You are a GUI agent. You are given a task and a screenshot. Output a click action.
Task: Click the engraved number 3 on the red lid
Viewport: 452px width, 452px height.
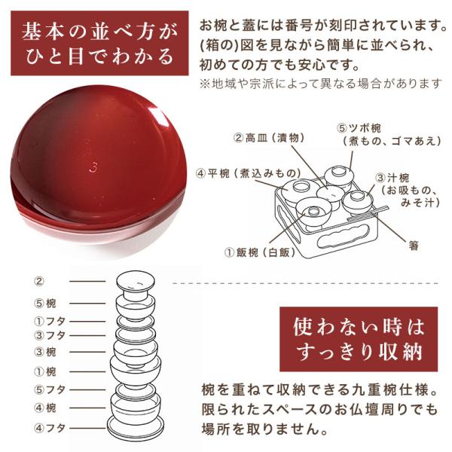(x=93, y=167)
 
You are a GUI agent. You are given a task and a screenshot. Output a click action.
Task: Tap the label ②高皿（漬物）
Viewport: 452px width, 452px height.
(x=269, y=138)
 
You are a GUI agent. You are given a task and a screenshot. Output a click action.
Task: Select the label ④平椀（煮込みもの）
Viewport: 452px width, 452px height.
(x=248, y=173)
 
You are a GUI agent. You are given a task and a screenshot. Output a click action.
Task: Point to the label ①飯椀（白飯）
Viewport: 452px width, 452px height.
(x=260, y=252)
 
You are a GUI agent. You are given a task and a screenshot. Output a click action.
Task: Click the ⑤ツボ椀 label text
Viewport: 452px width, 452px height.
(x=359, y=128)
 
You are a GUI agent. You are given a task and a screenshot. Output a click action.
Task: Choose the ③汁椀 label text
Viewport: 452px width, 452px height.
(x=392, y=178)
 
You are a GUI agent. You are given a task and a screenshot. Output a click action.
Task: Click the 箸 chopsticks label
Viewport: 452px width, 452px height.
(x=414, y=246)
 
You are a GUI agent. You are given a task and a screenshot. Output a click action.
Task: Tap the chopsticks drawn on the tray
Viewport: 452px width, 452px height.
(x=368, y=213)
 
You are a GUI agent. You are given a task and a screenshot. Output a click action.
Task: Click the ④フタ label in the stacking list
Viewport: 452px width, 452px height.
(x=50, y=428)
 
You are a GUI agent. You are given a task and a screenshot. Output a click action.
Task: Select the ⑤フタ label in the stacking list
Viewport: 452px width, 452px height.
(x=50, y=389)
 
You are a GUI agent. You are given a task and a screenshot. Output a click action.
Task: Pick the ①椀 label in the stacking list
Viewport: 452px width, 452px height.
(x=45, y=372)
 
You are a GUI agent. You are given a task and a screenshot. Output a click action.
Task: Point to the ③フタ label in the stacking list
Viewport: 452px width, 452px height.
(x=50, y=335)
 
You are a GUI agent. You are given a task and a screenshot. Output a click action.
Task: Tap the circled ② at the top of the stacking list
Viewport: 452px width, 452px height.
(x=39, y=281)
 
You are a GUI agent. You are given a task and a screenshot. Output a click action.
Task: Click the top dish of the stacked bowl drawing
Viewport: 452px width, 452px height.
(x=136, y=280)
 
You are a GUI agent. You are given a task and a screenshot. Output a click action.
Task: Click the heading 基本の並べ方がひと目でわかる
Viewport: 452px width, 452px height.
(x=99, y=43)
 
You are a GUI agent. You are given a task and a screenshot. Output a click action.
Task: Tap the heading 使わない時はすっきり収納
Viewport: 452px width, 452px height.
(x=359, y=339)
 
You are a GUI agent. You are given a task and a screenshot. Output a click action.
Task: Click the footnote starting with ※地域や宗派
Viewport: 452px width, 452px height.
(x=321, y=84)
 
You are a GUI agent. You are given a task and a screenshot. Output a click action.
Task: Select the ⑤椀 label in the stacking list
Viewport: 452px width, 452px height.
(x=45, y=304)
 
